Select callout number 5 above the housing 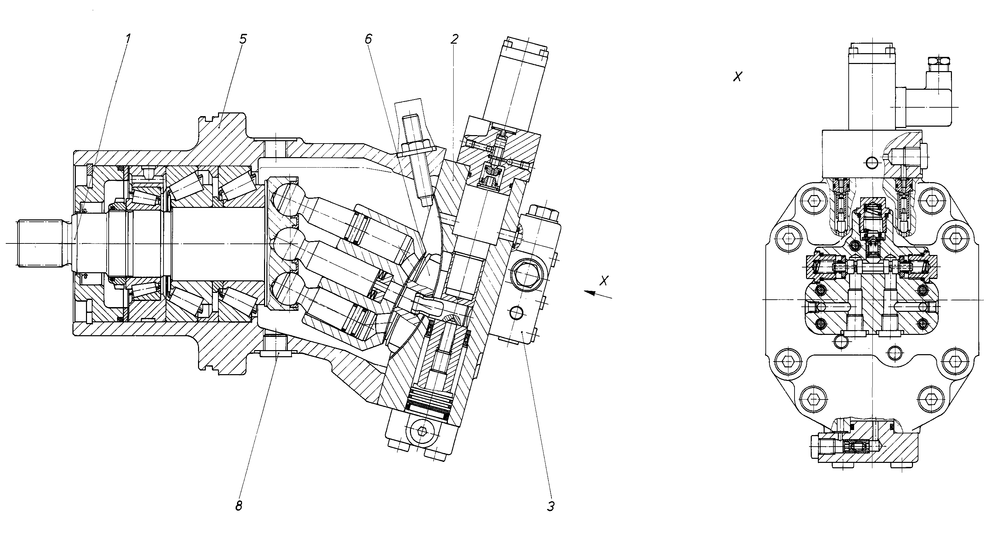coord(243,39)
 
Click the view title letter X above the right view coord(737,77)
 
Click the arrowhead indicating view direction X coord(591,293)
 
